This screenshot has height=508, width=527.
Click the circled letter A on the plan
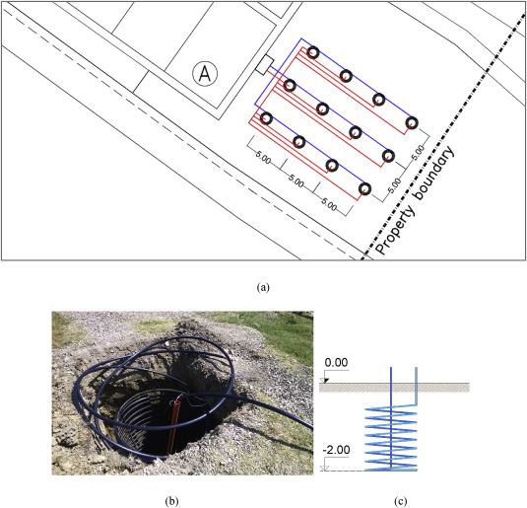tap(205, 73)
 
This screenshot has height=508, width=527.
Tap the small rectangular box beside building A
tap(265, 65)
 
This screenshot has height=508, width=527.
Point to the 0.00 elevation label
tap(336, 363)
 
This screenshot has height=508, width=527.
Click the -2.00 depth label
tap(336, 450)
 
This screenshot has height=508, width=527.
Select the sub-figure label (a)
tap(263, 287)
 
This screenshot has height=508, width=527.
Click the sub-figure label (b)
tap(171, 501)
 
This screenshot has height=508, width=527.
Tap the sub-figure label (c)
tap(401, 501)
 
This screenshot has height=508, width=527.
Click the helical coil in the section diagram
tap(391, 438)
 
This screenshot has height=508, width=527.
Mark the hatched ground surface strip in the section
tap(394, 388)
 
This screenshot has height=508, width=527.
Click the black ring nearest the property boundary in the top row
tap(412, 123)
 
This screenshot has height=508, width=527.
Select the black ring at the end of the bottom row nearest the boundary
tap(364, 189)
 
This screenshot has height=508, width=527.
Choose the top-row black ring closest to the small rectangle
tap(313, 52)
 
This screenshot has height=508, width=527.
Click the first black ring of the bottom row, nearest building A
tap(266, 118)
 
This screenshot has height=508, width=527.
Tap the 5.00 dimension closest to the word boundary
tap(419, 153)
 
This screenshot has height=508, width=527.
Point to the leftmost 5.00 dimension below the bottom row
tap(263, 158)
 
